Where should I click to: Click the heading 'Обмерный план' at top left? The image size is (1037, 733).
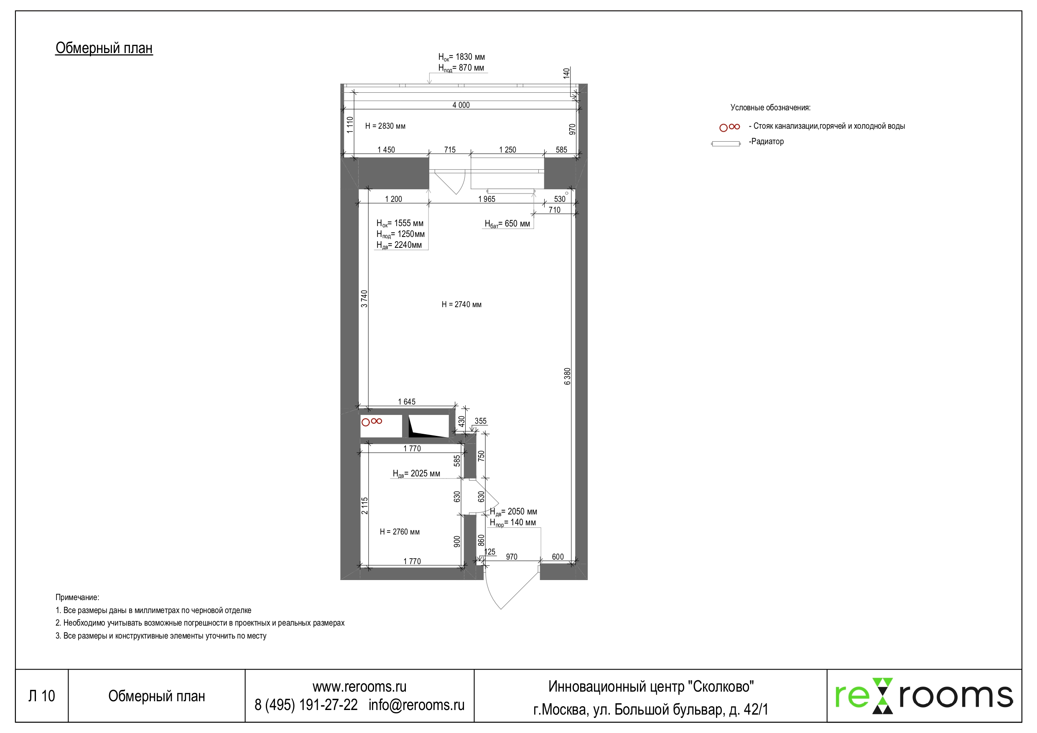[104, 48]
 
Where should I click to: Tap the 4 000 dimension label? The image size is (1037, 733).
[461, 105]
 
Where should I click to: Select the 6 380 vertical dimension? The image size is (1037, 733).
[567, 376]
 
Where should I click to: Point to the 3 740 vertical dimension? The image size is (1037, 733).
[364, 298]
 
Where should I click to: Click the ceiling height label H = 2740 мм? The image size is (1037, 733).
[461, 304]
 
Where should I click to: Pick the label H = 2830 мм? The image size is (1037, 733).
[385, 126]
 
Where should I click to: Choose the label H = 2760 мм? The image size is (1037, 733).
[399, 532]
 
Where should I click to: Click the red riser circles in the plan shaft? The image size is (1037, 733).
[372, 421]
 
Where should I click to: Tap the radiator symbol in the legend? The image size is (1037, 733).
[725, 144]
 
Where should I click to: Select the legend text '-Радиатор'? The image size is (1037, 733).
[766, 141]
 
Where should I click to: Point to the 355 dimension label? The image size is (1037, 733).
[480, 421]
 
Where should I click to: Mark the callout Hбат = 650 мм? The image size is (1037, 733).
[507, 224]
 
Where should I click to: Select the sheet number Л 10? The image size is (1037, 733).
[41, 696]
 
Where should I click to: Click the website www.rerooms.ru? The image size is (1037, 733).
[359, 687]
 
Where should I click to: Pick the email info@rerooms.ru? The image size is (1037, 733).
[416, 705]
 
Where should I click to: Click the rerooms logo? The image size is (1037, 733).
[923, 695]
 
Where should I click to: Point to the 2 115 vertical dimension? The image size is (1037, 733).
[364, 505]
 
